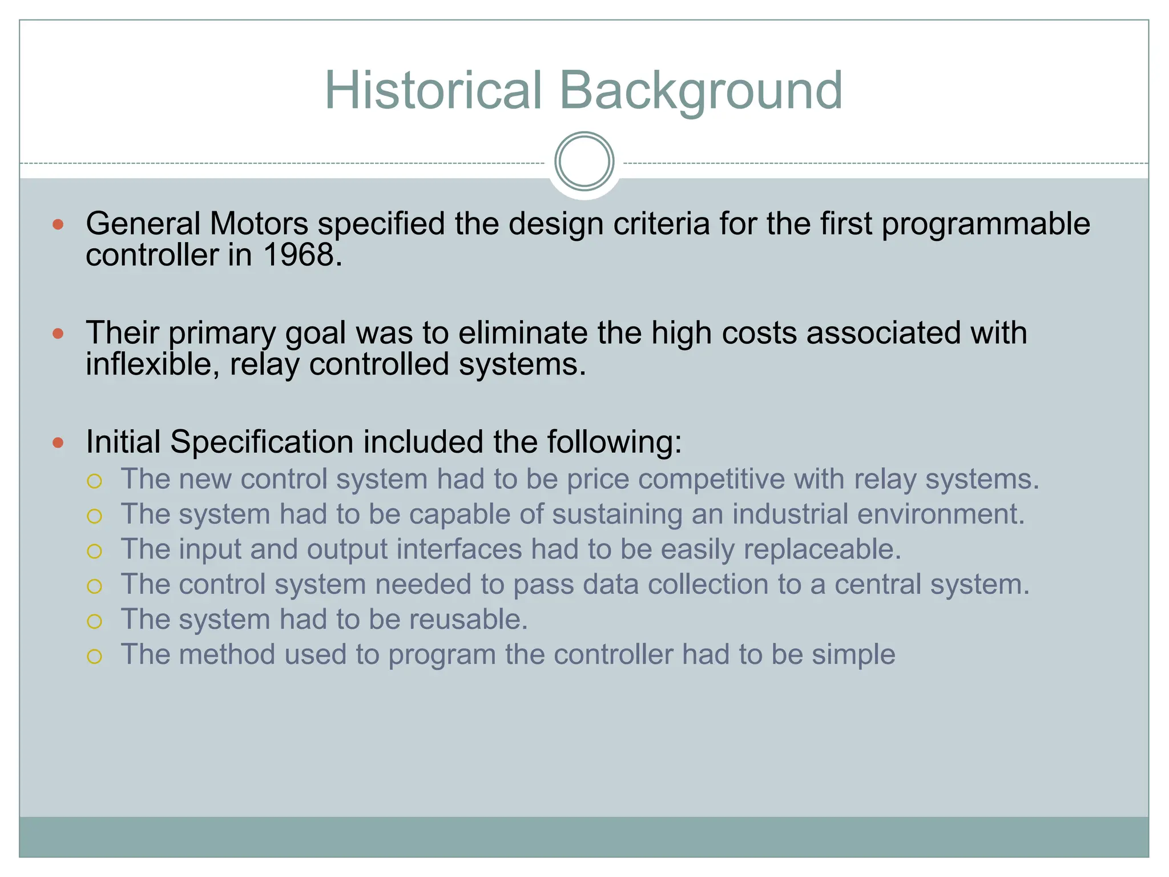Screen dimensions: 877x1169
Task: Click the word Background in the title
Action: click(700, 91)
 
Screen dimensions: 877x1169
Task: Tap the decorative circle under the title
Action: click(584, 162)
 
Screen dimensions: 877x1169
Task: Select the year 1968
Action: click(302, 255)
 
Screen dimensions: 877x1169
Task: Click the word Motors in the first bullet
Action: click(259, 224)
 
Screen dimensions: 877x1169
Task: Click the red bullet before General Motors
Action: click(58, 224)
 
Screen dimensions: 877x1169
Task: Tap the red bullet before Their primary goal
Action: click(58, 333)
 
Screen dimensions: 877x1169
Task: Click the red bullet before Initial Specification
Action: click(58, 442)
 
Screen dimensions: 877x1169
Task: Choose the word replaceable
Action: click(822, 549)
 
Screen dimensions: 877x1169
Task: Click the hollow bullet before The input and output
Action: click(94, 551)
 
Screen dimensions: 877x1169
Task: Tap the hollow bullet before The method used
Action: click(94, 657)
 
